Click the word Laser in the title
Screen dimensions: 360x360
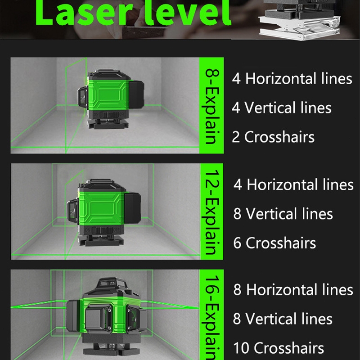(84, 12)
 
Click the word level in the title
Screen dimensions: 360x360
(187, 12)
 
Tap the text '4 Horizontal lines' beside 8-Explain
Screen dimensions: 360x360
(292, 78)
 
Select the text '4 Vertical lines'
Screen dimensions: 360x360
(282, 108)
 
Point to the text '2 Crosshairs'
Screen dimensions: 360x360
(273, 137)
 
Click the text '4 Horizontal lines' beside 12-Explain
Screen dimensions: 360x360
(293, 184)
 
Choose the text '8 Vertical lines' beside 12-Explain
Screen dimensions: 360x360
(283, 214)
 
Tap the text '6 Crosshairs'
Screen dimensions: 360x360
(274, 243)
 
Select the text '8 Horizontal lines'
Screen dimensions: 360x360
(293, 289)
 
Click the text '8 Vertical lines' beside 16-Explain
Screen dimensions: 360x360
(283, 319)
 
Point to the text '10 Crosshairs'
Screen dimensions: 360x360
(279, 348)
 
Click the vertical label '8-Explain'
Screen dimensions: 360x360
(211, 106)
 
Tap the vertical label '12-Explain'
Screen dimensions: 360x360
(211, 212)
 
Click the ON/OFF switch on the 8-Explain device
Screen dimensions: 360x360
(110, 114)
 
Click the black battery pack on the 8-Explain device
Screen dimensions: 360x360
(136, 94)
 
